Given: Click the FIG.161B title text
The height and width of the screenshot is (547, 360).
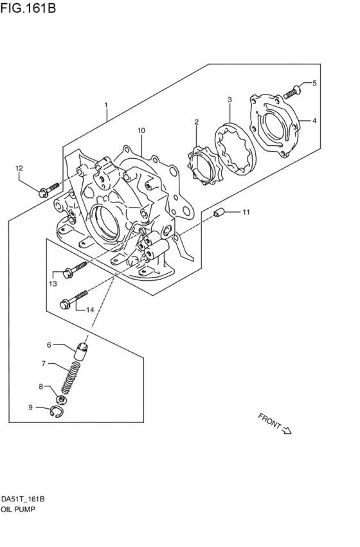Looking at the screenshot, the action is click(28, 8).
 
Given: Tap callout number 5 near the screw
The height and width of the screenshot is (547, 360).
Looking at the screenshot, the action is click(314, 83).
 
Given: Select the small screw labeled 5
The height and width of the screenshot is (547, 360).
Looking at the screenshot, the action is click(292, 91).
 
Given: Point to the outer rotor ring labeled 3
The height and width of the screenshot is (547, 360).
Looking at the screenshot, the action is click(235, 148).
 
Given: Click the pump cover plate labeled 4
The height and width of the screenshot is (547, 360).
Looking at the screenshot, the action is click(275, 125).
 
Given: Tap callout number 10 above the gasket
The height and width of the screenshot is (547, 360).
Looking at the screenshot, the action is click(141, 130).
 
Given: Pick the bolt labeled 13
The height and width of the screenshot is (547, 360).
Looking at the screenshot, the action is click(75, 269).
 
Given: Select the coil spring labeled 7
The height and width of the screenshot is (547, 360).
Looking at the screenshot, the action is click(71, 378).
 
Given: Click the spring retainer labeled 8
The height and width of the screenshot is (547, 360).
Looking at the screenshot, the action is click(62, 399).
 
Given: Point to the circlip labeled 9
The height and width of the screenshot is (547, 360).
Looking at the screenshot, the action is click(57, 411).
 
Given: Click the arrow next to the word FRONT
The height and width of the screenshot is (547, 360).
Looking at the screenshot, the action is click(287, 430).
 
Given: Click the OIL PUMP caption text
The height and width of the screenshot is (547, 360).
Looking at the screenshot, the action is click(18, 509).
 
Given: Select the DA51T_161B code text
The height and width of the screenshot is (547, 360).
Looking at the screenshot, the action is click(22, 499).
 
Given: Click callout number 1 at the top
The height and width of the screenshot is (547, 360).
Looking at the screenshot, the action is click(105, 105).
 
